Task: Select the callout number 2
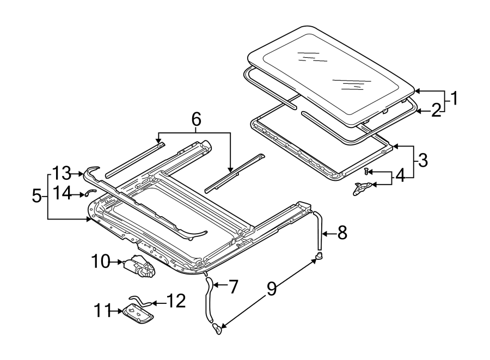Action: point(436,111)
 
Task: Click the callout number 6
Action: point(195,118)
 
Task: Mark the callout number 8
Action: point(341,233)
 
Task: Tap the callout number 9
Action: point(271,289)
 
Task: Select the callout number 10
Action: point(101,261)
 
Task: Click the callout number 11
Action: point(101,312)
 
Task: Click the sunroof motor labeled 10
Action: point(139,267)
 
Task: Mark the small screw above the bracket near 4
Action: point(366,172)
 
